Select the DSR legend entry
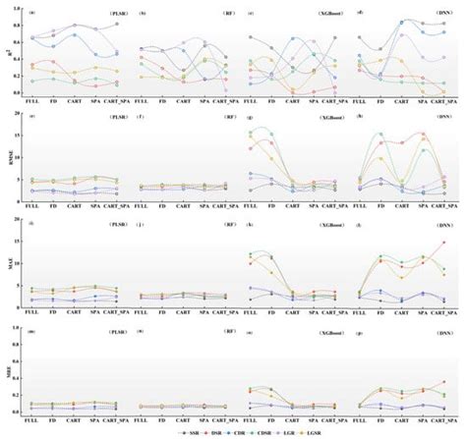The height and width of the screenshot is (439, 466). [214, 431]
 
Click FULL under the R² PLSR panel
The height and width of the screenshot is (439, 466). [33, 101]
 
